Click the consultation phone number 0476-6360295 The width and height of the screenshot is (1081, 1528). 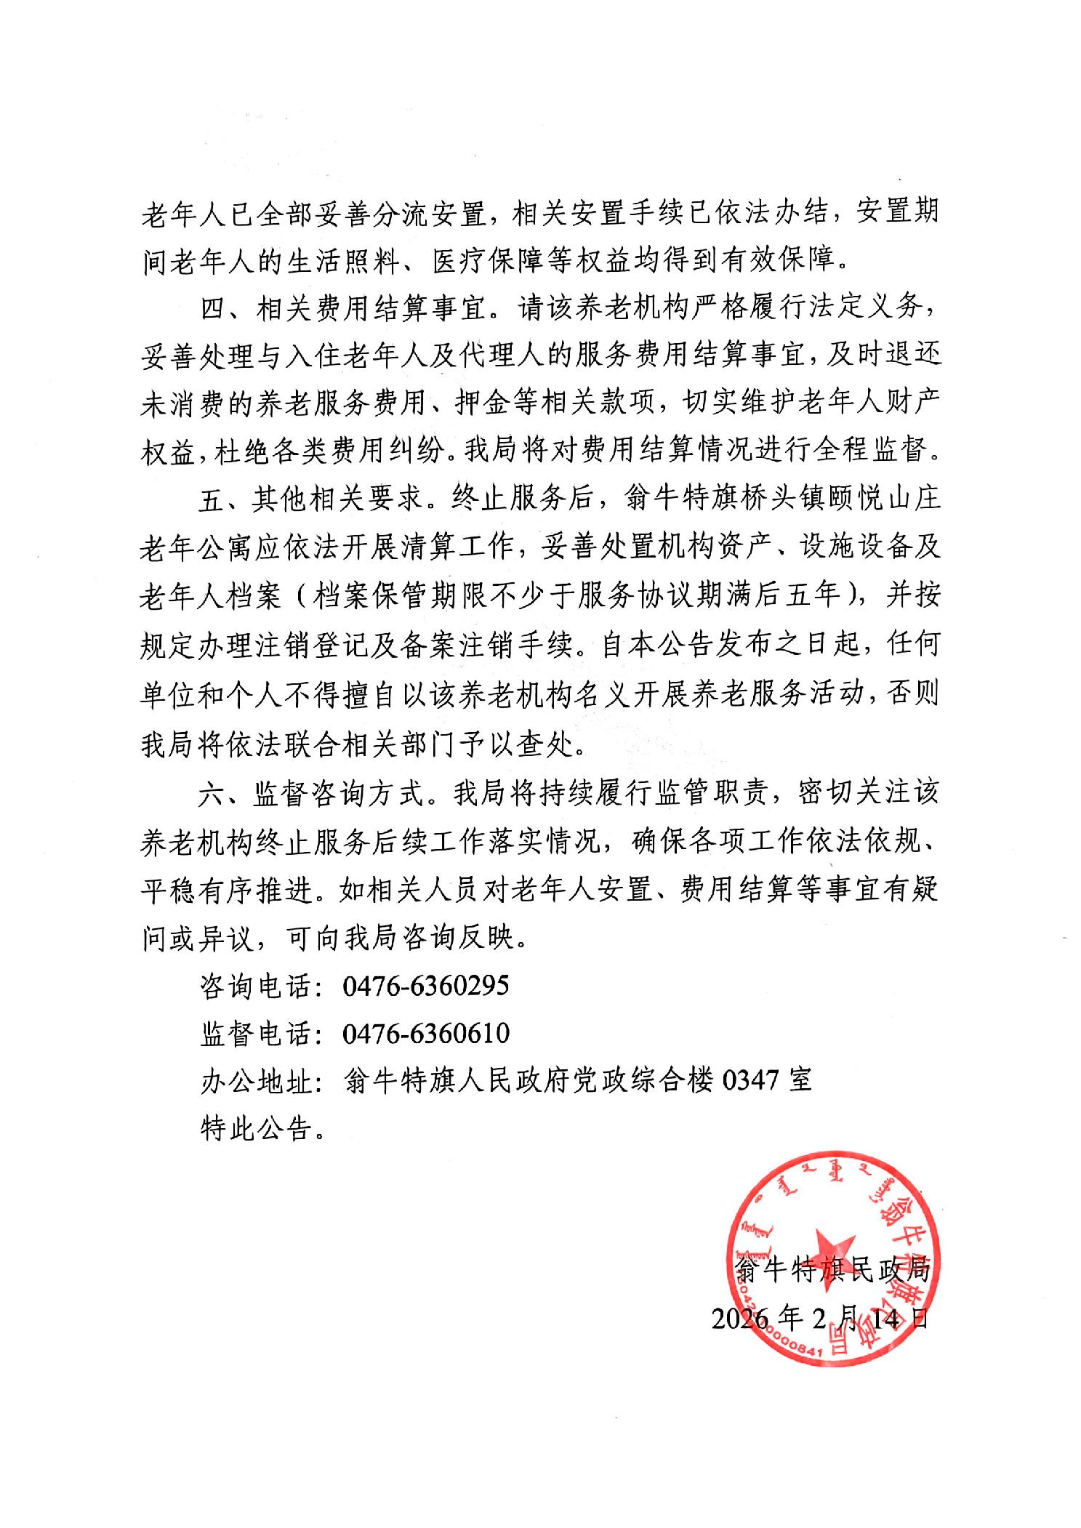(425, 986)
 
